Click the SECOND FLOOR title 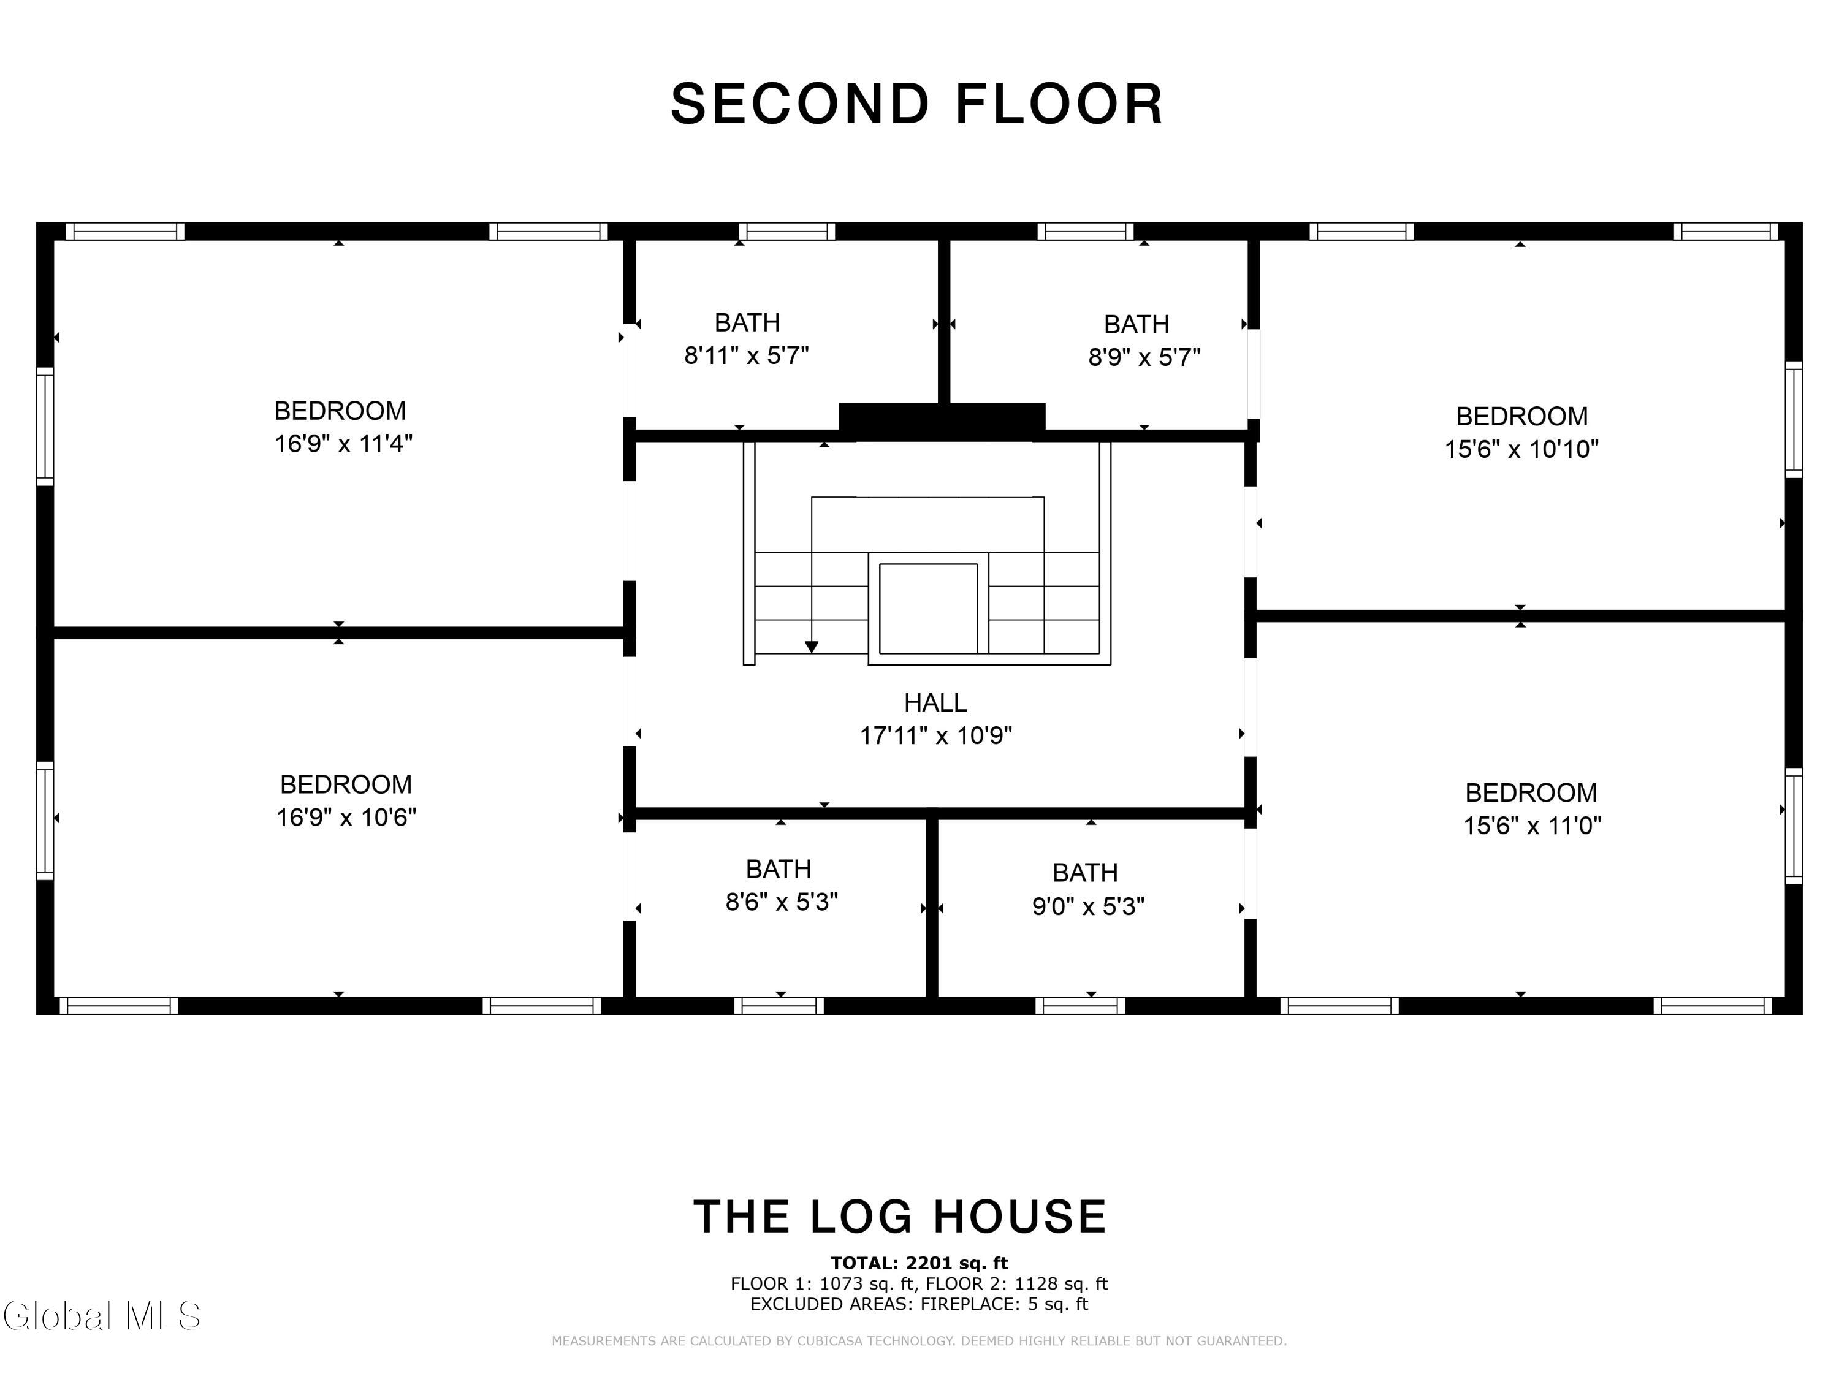917,105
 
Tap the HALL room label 935,703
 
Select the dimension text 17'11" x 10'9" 935,735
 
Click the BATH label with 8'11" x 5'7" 747,322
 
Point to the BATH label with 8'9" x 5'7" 1137,324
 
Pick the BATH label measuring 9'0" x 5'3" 1085,873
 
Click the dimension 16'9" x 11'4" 343,444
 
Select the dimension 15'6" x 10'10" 1521,450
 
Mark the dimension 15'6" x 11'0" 1532,826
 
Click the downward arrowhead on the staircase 812,647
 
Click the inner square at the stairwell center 928,609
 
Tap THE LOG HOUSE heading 900,1217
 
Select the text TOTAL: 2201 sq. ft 919,1263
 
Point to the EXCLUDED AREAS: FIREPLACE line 919,1304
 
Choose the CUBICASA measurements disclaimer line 919,1341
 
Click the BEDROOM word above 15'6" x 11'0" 1531,793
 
